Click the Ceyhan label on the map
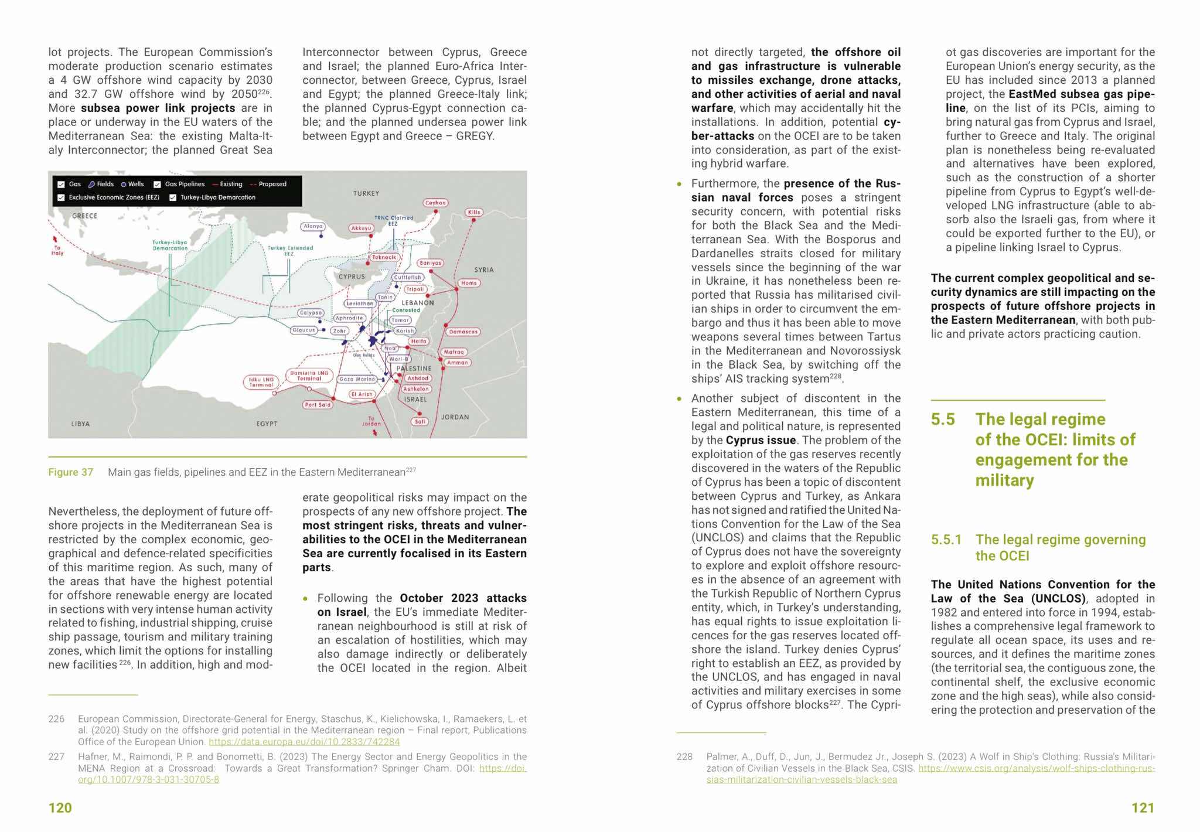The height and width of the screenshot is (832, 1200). (435, 203)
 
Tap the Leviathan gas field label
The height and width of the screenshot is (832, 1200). (360, 304)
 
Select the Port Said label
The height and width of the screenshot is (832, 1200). (318, 405)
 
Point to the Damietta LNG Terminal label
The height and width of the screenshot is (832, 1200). (309, 376)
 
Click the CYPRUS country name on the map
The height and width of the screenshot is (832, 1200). (352, 277)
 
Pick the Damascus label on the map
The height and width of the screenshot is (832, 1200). (463, 332)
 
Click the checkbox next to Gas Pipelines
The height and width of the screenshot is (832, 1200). (157, 185)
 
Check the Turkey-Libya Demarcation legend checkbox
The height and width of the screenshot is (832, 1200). (173, 198)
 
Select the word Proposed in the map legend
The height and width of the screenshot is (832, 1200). (272, 184)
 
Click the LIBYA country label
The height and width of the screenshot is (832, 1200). (80, 424)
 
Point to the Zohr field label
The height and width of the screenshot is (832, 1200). (339, 331)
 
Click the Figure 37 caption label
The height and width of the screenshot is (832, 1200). (70, 472)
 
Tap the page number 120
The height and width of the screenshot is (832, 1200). (60, 808)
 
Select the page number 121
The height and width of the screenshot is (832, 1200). (1143, 808)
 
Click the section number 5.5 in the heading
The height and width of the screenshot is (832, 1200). (943, 420)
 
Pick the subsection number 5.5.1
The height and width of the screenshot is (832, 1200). (946, 540)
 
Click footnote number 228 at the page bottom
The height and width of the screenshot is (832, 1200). (684, 757)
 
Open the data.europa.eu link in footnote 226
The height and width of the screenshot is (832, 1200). (304, 742)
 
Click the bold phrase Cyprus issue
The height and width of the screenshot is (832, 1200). (761, 441)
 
